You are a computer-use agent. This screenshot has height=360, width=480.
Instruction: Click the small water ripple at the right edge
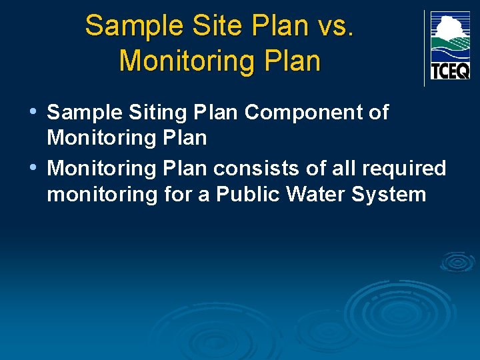coord(458,262)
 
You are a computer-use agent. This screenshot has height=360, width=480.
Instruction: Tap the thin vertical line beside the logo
coord(424,48)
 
